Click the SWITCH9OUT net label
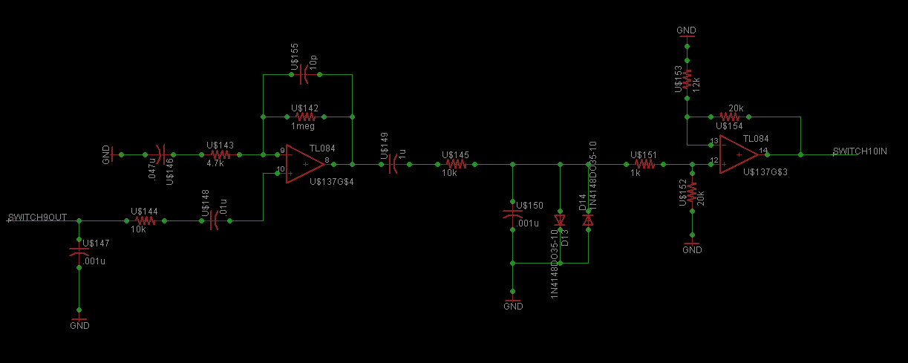point(38,217)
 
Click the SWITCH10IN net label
point(860,151)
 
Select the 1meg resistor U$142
point(306,117)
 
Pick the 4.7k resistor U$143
point(221,154)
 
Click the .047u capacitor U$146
point(163,154)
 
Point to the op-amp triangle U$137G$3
point(738,154)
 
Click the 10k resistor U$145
point(455,164)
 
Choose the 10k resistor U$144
point(145,220)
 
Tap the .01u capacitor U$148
point(212,220)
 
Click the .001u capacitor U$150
point(512,215)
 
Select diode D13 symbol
point(561,220)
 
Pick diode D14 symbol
point(588,220)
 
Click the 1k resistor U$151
point(644,164)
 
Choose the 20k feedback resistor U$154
point(729,117)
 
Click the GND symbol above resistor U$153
point(687,33)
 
